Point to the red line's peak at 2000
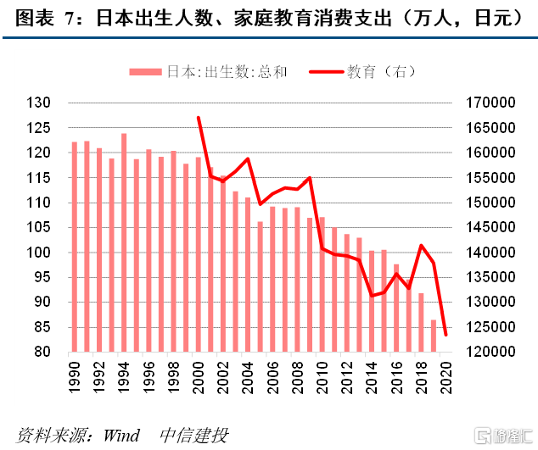[x=198, y=118]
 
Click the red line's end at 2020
[x=446, y=335]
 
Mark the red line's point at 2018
[x=421, y=246]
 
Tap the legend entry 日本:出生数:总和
[x=209, y=73]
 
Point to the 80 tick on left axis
[x=43, y=353]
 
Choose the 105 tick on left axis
[x=40, y=228]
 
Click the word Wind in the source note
[x=120, y=436]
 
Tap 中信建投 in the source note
[x=194, y=436]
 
